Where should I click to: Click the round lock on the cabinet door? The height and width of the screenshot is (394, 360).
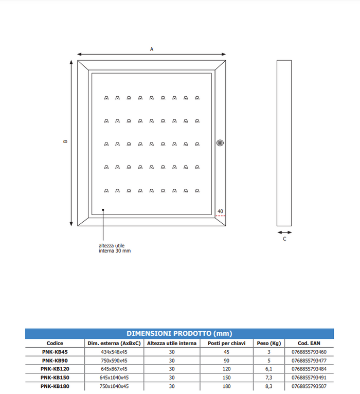click(220, 142)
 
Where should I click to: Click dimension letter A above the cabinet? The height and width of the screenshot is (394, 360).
click(152, 49)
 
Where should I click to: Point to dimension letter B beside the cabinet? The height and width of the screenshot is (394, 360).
click(65, 142)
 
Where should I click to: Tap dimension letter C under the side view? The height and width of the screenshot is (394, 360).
click(284, 239)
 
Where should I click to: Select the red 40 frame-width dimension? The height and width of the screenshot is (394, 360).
click(220, 212)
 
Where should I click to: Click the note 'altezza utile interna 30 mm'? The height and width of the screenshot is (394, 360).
click(115, 248)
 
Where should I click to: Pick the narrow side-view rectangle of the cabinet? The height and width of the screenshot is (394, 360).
click(284, 143)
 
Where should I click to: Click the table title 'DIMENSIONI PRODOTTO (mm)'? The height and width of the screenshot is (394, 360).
click(179, 334)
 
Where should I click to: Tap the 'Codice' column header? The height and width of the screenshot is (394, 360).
click(55, 343)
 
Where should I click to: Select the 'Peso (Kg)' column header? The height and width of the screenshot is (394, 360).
click(268, 343)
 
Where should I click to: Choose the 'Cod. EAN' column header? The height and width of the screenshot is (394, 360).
click(309, 343)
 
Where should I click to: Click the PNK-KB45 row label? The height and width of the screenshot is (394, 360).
click(55, 352)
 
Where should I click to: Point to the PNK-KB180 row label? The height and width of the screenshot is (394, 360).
click(55, 386)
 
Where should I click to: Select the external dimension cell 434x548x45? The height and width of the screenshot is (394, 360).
click(114, 352)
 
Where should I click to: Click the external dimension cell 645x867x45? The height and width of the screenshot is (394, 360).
click(114, 369)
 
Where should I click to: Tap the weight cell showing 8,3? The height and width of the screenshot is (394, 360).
click(268, 386)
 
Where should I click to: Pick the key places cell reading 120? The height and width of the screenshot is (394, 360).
click(226, 369)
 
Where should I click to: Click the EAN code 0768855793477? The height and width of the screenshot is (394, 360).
click(309, 360)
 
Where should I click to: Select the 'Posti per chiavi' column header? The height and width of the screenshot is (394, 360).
click(226, 343)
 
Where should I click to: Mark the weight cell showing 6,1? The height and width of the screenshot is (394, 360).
click(268, 369)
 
